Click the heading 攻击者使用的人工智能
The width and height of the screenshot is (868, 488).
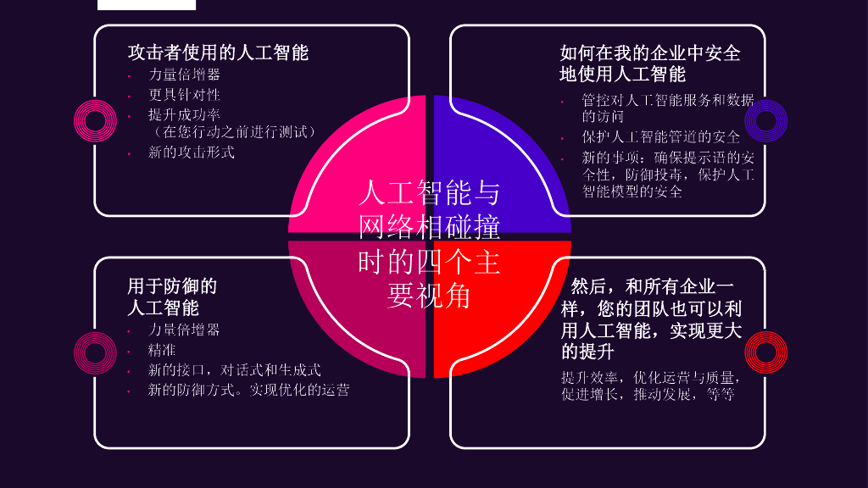pyautogui.click(x=218, y=53)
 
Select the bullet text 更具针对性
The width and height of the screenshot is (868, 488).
pyautogui.click(x=184, y=94)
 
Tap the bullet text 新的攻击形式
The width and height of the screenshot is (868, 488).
pyautogui.click(x=191, y=152)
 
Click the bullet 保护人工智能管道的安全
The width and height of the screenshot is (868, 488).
pyautogui.click(x=660, y=136)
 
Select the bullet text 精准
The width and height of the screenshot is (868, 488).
pyautogui.click(x=162, y=349)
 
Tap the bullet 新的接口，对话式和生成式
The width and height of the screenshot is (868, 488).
pyautogui.click(x=234, y=369)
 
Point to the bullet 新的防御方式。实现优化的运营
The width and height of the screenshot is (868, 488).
pyautogui.click(x=248, y=390)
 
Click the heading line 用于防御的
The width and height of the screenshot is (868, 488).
pyautogui.click(x=172, y=286)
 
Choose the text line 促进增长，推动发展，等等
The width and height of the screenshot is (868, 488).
pyautogui.click(x=648, y=395)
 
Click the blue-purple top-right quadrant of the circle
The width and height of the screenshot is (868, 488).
pyautogui.click(x=509, y=152)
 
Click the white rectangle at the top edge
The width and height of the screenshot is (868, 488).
pyautogui.click(x=147, y=4)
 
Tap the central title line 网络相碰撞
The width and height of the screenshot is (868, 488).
pyautogui.click(x=429, y=227)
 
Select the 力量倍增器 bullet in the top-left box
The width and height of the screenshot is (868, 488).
pyautogui.click(x=184, y=75)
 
